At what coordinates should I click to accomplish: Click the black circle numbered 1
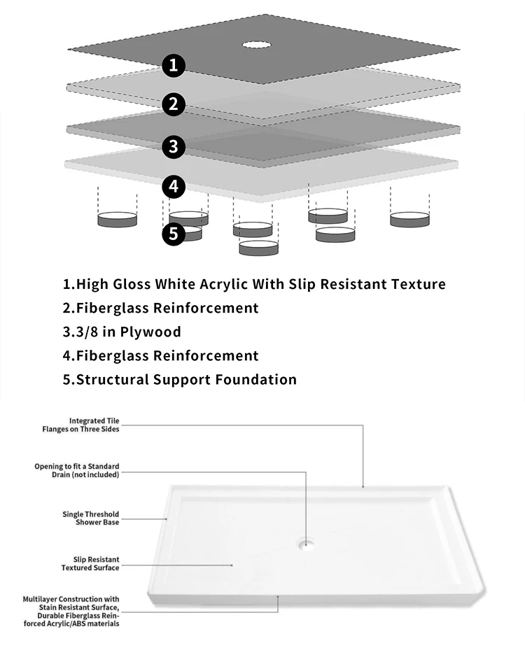pyautogui.click(x=174, y=66)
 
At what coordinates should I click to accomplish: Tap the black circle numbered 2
pyautogui.click(x=174, y=105)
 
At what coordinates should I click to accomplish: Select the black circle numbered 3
pyautogui.click(x=174, y=146)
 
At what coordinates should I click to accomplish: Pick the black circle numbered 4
pyautogui.click(x=174, y=187)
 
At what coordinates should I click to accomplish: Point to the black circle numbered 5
pyautogui.click(x=174, y=233)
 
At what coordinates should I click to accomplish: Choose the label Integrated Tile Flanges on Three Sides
pyautogui.click(x=80, y=425)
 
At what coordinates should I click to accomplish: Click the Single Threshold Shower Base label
pyautogui.click(x=90, y=518)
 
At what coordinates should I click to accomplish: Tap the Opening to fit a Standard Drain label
pyautogui.click(x=77, y=470)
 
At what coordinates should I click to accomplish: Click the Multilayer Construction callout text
pyautogui.click(x=71, y=611)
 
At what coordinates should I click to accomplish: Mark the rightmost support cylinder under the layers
pyautogui.click(x=409, y=220)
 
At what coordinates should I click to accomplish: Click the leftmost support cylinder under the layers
pyautogui.click(x=117, y=220)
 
